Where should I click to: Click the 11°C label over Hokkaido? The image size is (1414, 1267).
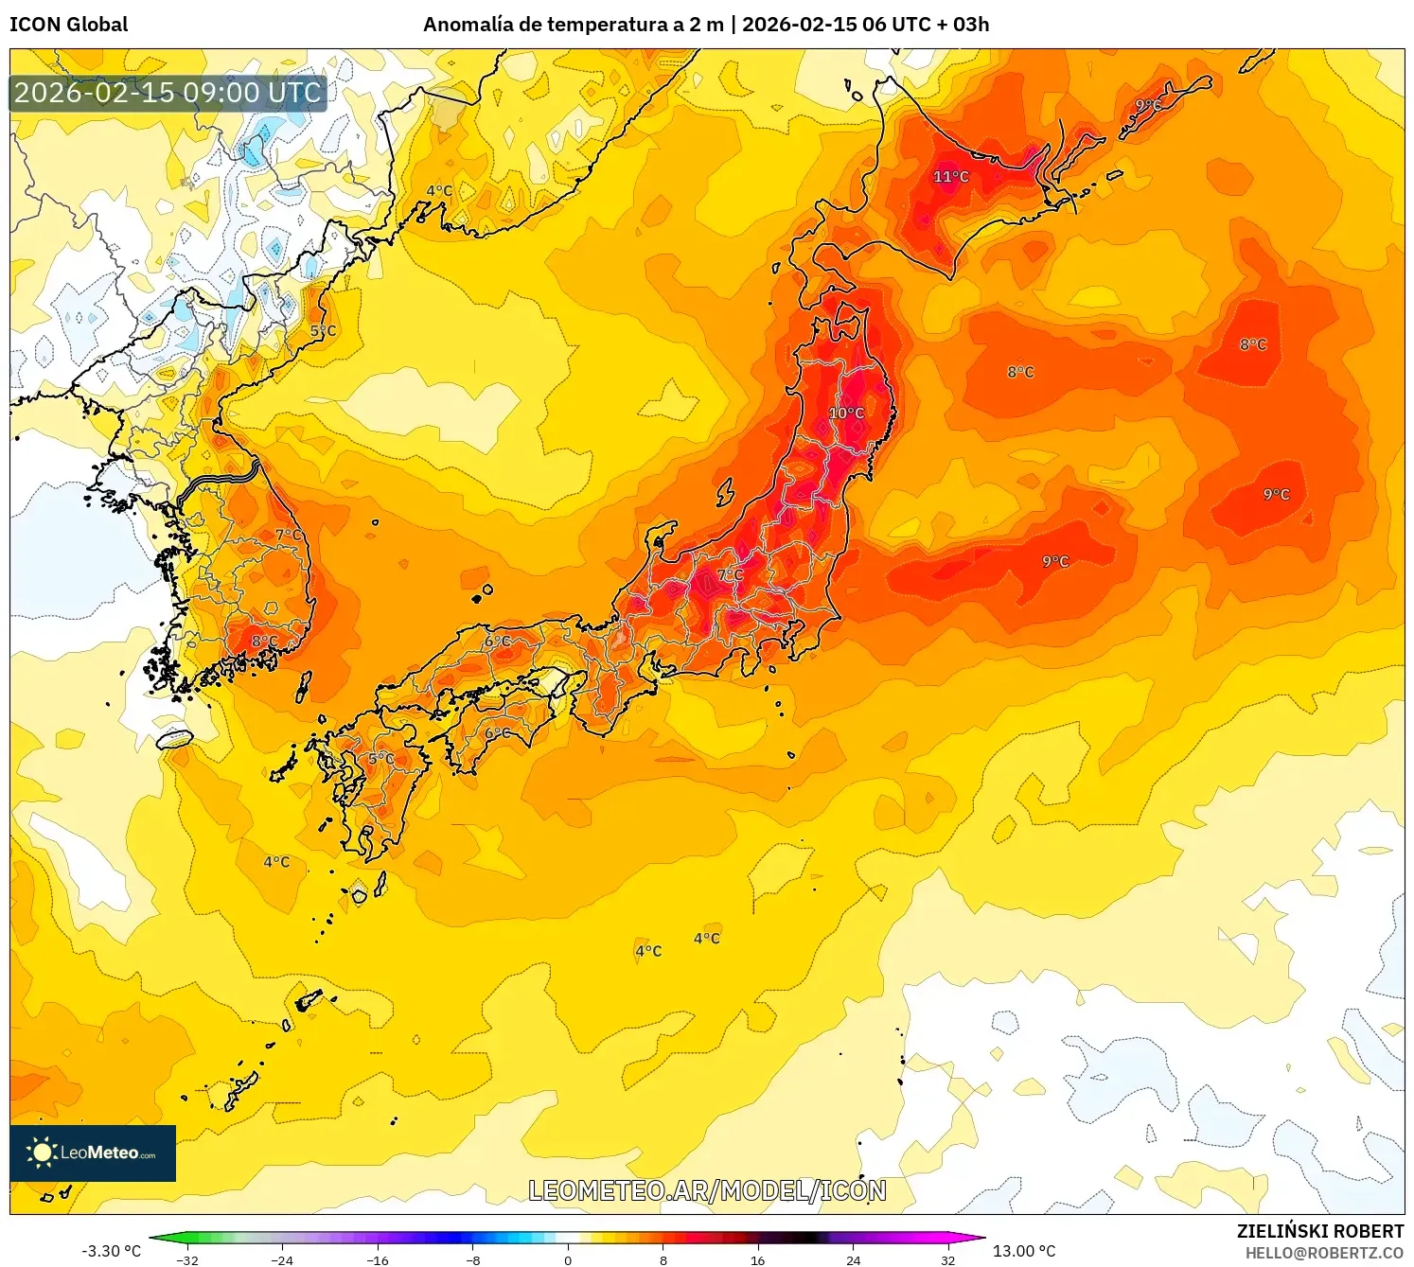(951, 177)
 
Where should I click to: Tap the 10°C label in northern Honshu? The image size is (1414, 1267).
(846, 414)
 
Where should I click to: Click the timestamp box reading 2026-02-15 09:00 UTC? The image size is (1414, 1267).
(168, 93)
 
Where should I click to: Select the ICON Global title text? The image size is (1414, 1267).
(68, 25)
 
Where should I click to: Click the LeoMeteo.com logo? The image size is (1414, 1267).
(93, 1153)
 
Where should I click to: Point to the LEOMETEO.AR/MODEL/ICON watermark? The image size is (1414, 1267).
(707, 1190)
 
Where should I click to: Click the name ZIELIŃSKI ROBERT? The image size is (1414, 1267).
(1319, 1231)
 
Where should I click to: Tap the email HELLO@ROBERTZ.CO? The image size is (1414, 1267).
(1323, 1253)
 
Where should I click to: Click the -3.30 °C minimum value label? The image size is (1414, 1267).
(111, 1251)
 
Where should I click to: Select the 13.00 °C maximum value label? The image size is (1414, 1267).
(1024, 1251)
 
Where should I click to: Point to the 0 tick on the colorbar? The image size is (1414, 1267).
(568, 1259)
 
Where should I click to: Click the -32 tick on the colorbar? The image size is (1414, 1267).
(187, 1259)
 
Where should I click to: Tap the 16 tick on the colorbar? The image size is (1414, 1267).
(757, 1259)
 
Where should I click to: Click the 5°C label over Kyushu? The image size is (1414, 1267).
(381, 759)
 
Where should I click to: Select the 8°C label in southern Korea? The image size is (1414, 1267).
(264, 642)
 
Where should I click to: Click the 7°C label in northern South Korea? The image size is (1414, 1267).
(289, 536)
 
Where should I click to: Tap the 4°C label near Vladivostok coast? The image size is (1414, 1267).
(439, 191)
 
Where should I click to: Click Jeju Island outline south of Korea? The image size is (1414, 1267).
(175, 739)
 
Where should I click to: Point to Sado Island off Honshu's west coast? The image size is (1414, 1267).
(725, 492)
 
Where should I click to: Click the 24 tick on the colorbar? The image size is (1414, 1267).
(853, 1259)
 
